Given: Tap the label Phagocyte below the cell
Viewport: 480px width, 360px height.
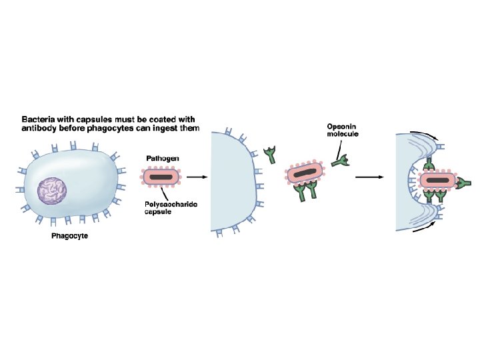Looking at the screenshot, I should (70, 236).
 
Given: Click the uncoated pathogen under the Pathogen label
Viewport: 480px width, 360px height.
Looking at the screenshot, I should (161, 177).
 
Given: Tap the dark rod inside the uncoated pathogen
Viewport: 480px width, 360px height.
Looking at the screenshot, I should (161, 177).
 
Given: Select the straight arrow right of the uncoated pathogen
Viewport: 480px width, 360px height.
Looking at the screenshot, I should (196, 177).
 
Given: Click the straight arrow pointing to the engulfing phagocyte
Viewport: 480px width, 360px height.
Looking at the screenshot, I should (369, 177).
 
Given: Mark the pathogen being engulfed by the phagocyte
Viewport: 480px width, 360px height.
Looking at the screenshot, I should (438, 181).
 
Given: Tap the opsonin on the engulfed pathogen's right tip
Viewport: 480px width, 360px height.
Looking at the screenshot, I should (465, 181).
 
